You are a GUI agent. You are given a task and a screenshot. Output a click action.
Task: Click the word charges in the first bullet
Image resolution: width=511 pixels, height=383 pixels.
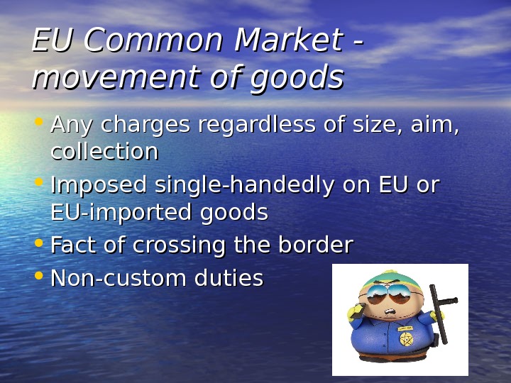coord(146,126)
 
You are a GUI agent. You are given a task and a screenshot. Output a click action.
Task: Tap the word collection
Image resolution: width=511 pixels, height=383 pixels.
coord(104,151)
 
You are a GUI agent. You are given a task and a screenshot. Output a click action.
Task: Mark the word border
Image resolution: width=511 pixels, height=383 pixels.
coord(313,245)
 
